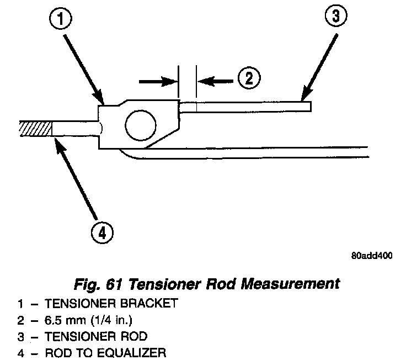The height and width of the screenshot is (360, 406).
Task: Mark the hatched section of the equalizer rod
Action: (34, 128)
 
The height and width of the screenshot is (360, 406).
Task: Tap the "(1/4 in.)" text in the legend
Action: (99, 320)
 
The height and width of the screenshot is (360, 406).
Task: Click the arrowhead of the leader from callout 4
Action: (57, 142)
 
